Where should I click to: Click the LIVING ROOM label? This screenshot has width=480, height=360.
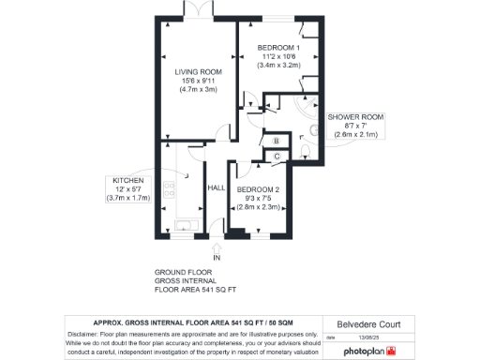pos(198,71)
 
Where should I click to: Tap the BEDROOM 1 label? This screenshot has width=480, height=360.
pos(278,47)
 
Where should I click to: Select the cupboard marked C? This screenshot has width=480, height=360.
pos(277,156)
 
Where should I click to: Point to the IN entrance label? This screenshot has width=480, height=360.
pos(217,257)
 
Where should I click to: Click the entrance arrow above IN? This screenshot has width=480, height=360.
pos(217,247)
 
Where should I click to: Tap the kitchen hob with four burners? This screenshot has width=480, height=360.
pos(171,188)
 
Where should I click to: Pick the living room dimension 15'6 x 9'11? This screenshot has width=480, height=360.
pos(198,81)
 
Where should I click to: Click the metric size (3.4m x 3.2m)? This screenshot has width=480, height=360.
pos(278,67)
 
